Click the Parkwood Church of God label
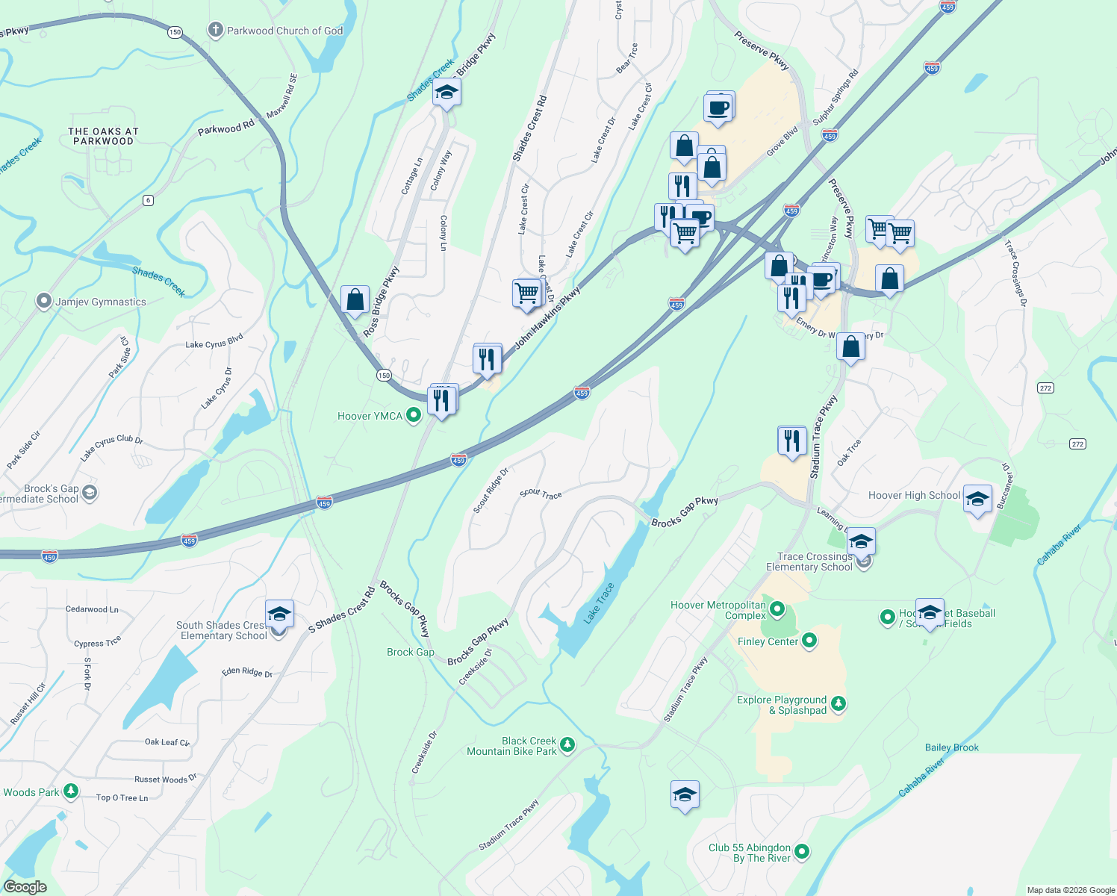point(284,31)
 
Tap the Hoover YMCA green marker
point(413,416)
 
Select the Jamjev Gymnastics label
point(101,302)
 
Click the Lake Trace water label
point(599,603)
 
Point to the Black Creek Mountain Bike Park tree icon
point(567,744)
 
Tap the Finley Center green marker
point(809,641)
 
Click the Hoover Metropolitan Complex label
point(718,610)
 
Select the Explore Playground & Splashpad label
point(782,705)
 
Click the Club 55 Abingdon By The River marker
point(802,851)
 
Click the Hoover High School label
point(914,495)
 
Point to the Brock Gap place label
point(410,652)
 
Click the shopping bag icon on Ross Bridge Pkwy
point(355,300)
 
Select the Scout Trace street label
point(541,494)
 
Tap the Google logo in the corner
point(25,887)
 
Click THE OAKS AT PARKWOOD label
point(103,136)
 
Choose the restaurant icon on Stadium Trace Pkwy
point(791,441)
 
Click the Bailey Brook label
point(951,747)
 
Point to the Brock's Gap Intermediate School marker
point(90,493)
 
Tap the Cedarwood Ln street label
point(92,609)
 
